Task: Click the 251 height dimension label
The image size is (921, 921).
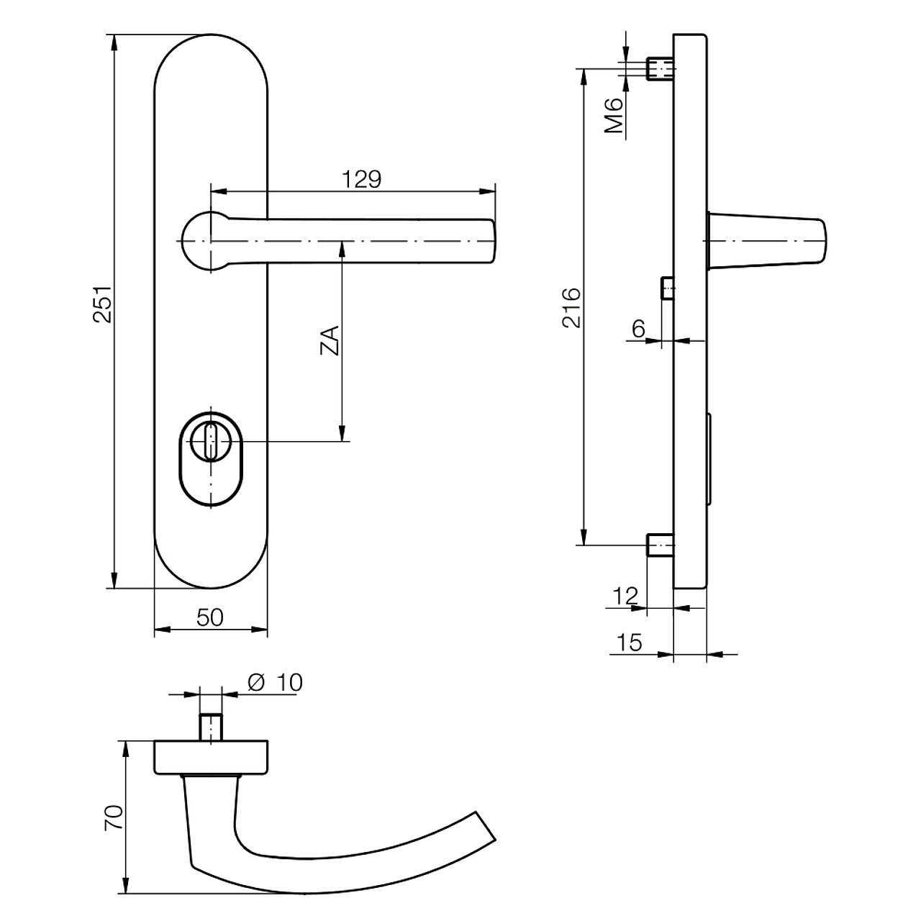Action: point(103,304)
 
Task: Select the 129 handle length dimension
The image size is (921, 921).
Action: point(362,180)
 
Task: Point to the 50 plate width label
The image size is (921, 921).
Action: point(210,617)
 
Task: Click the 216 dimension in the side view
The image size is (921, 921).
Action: point(571,307)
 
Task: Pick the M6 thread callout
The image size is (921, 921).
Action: point(614,115)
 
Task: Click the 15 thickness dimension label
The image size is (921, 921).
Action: point(630,643)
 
